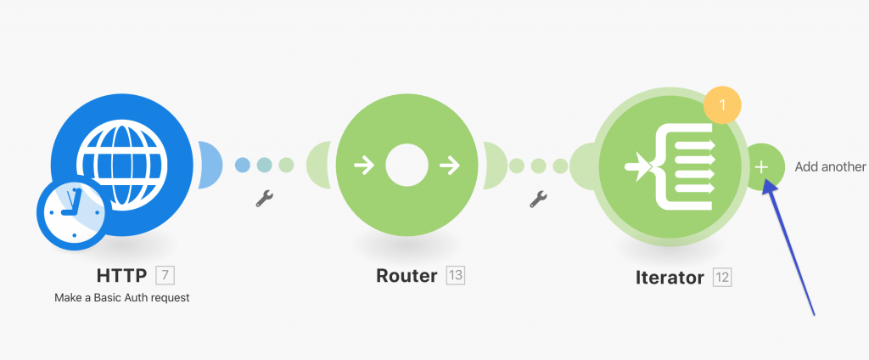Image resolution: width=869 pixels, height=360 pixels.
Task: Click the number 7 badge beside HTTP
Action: coord(165,275)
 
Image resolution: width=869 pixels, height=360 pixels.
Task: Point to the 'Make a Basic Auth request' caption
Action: coord(122,298)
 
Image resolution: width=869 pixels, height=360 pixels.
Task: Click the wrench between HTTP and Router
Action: coord(264,199)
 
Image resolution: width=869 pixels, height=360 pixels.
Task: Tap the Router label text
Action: coord(406,276)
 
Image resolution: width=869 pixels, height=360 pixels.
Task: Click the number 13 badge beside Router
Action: coord(456,276)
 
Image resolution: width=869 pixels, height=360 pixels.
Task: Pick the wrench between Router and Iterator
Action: coord(537,200)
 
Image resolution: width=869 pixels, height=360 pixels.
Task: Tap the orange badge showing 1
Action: coord(722,105)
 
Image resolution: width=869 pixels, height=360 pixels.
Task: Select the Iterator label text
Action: coord(670,276)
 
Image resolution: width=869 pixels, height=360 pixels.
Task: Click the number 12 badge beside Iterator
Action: coord(721,276)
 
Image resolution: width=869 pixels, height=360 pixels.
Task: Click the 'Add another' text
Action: coord(830,166)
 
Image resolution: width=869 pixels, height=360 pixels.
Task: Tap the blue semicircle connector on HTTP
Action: coord(209,165)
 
